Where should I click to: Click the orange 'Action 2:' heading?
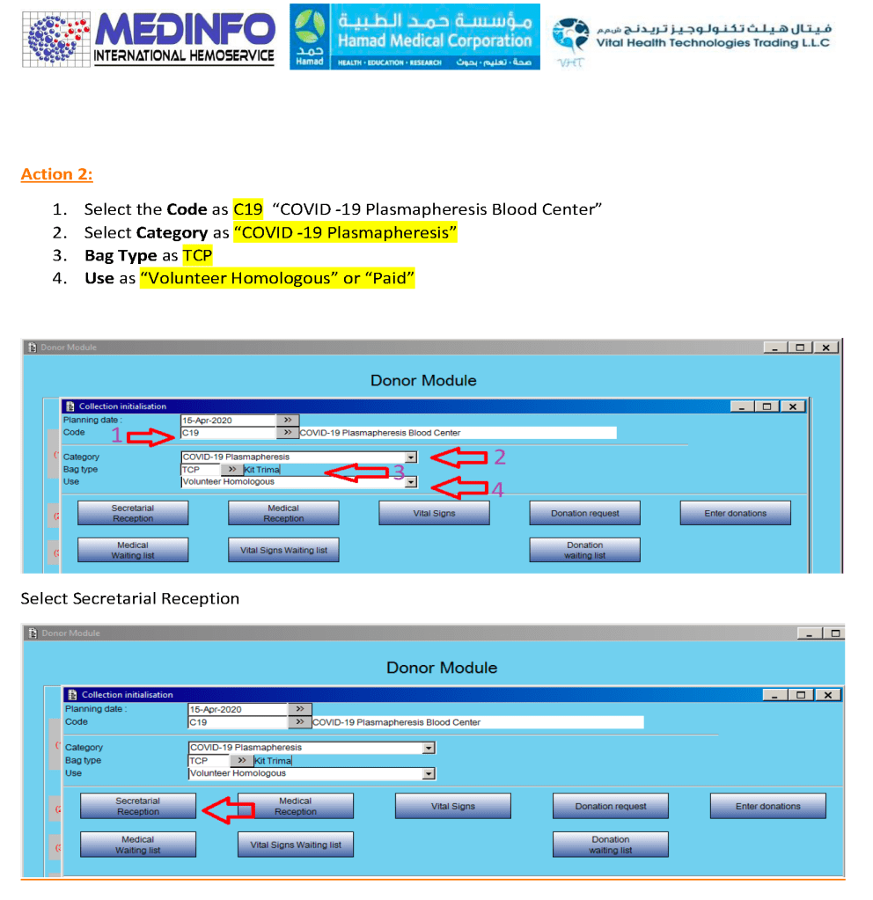point(56,173)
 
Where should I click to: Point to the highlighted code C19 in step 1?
point(248,209)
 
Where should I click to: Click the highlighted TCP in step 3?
point(197,255)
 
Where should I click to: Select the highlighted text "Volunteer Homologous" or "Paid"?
point(277,278)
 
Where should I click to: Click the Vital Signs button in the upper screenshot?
point(434,513)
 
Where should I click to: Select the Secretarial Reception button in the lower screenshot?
point(138,806)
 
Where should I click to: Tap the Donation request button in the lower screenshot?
point(611,806)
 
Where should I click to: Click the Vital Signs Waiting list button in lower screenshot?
point(296,845)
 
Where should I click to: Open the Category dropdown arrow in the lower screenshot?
point(429,748)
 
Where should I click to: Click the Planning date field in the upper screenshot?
point(228,421)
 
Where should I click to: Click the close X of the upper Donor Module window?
point(825,348)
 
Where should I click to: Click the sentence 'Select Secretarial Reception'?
point(130,598)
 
